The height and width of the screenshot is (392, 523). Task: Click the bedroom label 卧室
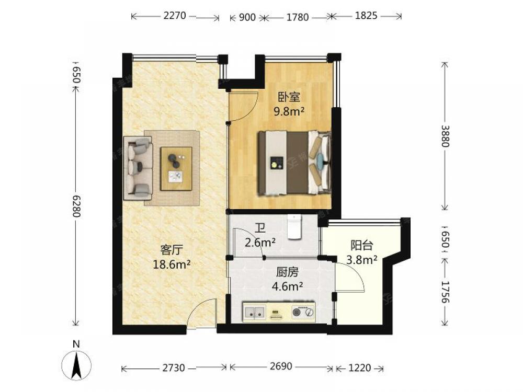[289, 97]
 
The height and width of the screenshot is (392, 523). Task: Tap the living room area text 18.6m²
[172, 264]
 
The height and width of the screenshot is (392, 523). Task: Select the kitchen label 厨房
[287, 272]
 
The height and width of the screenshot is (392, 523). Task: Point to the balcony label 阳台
[361, 245]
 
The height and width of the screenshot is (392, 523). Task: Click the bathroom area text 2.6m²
[260, 243]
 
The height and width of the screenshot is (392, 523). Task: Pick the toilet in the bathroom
[294, 227]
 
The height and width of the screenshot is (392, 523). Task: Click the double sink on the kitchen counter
[255, 313]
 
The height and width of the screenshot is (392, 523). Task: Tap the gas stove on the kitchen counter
[303, 312]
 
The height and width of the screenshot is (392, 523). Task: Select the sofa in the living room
[138, 168]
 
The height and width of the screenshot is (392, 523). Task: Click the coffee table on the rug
[176, 169]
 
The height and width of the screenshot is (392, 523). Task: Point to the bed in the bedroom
[294, 163]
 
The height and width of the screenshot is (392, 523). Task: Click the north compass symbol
[76, 361]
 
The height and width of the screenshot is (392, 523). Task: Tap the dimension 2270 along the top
[175, 16]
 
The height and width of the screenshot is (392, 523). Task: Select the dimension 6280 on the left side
[76, 206]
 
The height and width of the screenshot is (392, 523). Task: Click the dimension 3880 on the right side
[445, 136]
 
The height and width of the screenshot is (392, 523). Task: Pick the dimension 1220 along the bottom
[360, 367]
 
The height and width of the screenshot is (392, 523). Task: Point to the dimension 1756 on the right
[445, 292]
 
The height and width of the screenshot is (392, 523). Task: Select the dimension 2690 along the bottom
[281, 366]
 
